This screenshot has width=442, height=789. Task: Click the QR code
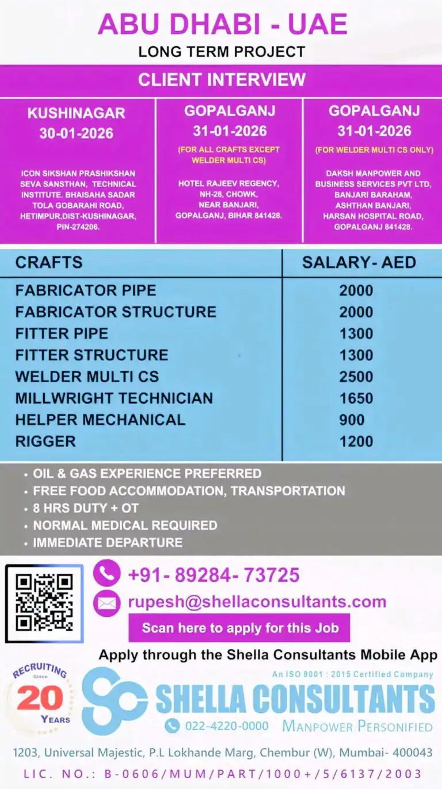pos(44,603)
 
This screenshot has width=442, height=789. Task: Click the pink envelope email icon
pos(106,603)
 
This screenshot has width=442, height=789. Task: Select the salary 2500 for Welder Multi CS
pos(356,377)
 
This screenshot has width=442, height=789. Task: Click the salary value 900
pos(352,420)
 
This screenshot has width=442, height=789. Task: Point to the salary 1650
pos(356,398)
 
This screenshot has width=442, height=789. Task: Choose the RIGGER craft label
pos(45,442)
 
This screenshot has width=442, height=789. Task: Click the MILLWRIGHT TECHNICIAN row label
pos(114,398)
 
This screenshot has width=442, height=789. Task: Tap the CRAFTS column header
pos(49,263)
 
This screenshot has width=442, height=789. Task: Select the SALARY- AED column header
pos(359,263)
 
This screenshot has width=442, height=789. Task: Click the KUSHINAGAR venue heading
pos(77,113)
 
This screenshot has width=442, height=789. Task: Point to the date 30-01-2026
pos(77,134)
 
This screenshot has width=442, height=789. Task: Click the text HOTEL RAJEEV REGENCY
pos(229,184)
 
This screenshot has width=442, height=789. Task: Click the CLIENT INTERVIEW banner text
pos(222,79)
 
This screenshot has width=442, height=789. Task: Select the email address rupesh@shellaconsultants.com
pos(257,602)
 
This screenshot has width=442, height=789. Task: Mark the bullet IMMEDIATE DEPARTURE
pos(108,543)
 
